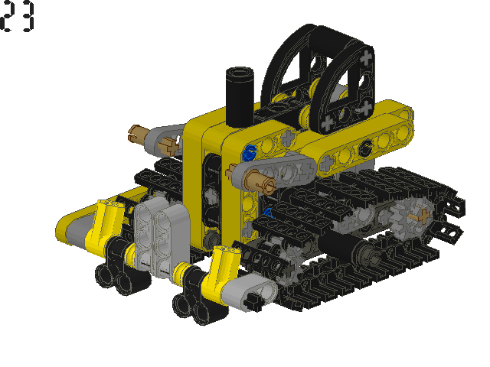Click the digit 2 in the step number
coord(7,16)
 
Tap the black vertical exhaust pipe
coord(240,97)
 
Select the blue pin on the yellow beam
coord(250,153)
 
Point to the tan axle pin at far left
coord(137,134)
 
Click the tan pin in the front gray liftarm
coord(260,181)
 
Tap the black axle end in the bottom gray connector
coord(253,302)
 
